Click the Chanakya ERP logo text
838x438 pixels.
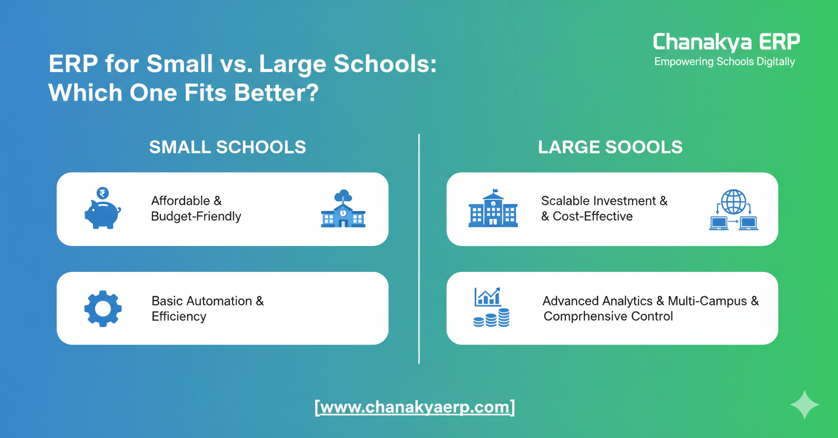[726, 42]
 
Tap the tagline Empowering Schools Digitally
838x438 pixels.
[724, 62]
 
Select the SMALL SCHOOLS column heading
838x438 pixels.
[227, 147]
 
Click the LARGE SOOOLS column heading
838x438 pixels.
[610, 147]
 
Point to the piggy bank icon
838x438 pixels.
[102, 215]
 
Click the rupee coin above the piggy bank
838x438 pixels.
[102, 193]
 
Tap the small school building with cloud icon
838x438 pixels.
[343, 209]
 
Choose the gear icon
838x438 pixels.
[103, 308]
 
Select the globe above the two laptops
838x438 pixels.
[733, 201]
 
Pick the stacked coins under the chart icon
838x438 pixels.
[492, 318]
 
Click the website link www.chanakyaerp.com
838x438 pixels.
[415, 408]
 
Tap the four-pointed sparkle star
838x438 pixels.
[804, 405]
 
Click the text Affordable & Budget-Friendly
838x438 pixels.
[196, 208]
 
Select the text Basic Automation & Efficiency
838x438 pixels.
[207, 308]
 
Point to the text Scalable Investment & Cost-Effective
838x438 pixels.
[604, 208]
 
